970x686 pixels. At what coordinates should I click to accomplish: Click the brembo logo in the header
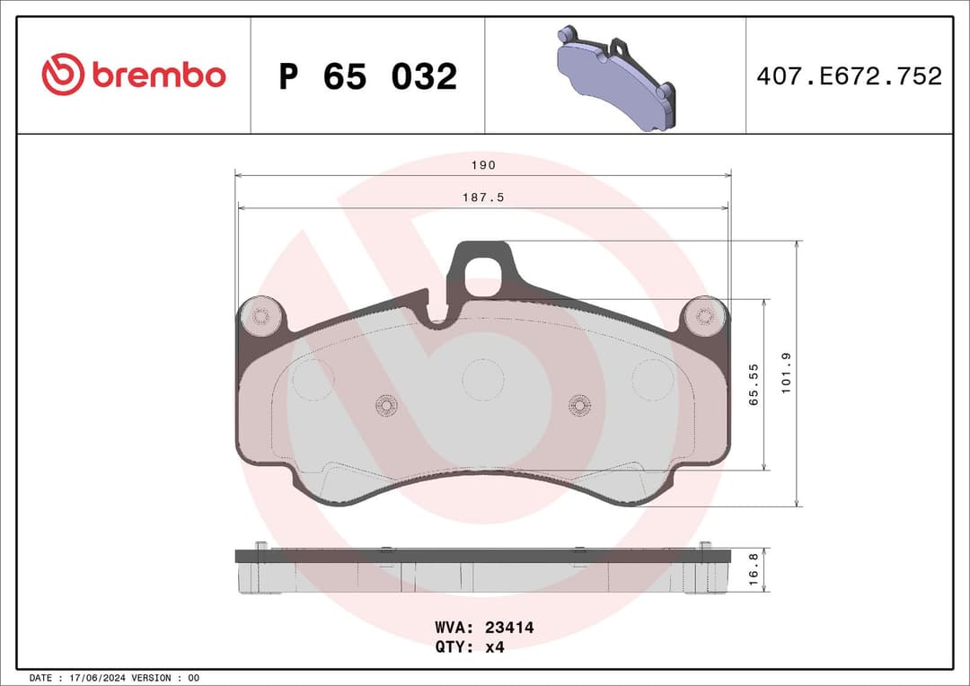(134, 75)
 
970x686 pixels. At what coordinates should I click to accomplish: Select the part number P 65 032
(367, 77)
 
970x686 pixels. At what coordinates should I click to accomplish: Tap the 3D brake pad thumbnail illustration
(615, 77)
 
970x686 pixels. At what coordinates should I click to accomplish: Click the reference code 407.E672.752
(849, 76)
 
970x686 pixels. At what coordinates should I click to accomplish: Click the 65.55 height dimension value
(754, 384)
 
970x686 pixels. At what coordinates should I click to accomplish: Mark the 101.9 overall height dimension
(787, 374)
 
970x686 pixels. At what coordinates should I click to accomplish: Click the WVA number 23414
(509, 629)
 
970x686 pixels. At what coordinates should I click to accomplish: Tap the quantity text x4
(494, 647)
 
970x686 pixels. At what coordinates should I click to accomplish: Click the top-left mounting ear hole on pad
(260, 316)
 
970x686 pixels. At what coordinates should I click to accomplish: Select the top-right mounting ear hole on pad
(705, 316)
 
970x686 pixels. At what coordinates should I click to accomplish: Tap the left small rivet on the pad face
(386, 406)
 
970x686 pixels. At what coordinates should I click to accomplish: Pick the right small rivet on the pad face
(580, 406)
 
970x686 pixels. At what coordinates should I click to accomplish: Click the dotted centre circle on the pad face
(483, 379)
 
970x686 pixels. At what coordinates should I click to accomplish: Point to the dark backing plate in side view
(482, 556)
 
